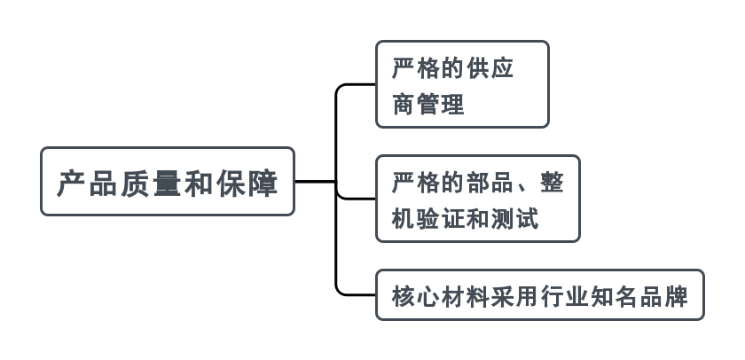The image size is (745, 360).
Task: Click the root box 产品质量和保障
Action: click(x=167, y=182)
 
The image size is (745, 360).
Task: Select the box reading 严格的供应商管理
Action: click(x=462, y=84)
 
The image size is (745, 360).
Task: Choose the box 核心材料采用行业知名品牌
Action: click(x=539, y=294)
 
